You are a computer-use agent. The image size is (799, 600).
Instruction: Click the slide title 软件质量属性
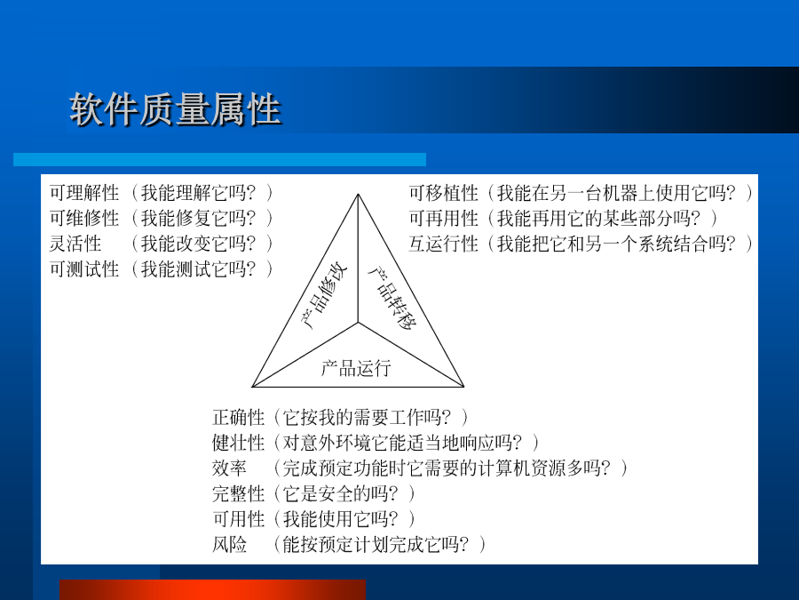[x=175, y=109]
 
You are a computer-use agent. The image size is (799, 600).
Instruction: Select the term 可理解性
[x=84, y=193]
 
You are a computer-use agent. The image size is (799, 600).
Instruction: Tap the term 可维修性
[x=84, y=219]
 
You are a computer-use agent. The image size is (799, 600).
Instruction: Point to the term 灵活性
[x=75, y=244]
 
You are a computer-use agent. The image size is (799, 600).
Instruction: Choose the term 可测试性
[x=84, y=269]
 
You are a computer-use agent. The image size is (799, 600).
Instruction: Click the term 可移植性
[x=443, y=193]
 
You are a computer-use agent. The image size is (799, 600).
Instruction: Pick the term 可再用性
[x=443, y=219]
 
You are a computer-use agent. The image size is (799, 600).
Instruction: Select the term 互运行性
[x=443, y=244]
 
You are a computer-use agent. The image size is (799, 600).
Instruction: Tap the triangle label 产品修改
[x=324, y=296]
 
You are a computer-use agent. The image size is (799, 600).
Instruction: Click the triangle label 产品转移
[x=392, y=298]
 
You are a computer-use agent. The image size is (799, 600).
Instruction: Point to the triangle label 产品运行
[x=356, y=368]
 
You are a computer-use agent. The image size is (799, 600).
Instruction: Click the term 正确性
[x=239, y=418]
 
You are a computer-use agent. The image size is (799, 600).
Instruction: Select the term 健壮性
[x=239, y=443]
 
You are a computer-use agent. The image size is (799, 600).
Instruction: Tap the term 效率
[x=230, y=468]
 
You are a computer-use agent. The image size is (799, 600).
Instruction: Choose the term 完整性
[x=239, y=493]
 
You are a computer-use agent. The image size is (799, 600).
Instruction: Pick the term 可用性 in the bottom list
[x=239, y=519]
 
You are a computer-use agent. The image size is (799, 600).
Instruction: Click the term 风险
[x=230, y=544]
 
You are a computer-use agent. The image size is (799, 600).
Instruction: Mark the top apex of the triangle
[x=359, y=195]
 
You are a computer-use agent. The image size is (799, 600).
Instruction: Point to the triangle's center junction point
[x=359, y=323]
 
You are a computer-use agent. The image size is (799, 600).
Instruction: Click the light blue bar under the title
[x=219, y=160]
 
